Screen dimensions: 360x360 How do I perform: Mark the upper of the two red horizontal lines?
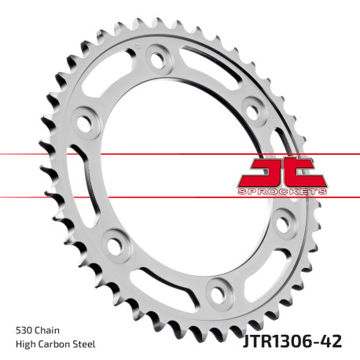tap(157, 153)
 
